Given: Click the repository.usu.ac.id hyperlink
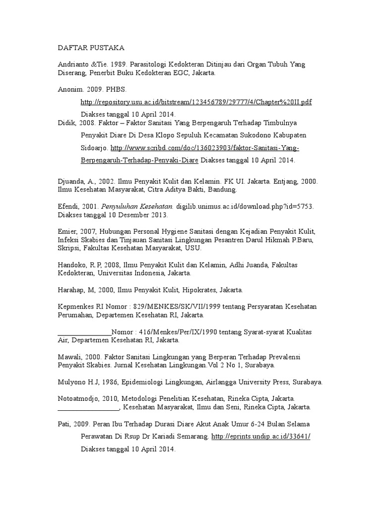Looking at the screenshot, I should click(196, 102).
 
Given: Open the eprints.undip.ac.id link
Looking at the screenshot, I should click(260, 436).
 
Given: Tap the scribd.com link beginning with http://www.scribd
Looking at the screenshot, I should click(205, 148).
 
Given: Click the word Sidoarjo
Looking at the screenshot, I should click(94, 148).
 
